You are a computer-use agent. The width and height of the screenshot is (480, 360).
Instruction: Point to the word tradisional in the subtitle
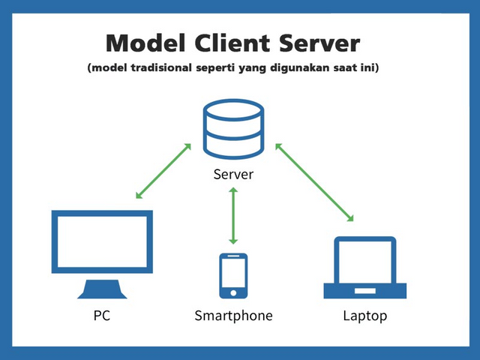coord(159,70)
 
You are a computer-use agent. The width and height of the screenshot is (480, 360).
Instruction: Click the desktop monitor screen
coord(102,241)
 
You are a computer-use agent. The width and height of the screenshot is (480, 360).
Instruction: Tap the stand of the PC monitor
coord(102,289)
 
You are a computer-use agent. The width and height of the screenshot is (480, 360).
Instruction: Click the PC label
coord(102,316)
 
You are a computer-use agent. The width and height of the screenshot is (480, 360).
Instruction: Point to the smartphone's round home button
coord(233,292)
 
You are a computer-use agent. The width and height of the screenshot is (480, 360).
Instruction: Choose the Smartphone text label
coord(233,316)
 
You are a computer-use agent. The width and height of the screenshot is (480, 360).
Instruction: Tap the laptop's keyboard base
coord(364,289)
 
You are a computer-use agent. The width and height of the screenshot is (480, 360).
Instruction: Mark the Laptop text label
coord(364,316)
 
